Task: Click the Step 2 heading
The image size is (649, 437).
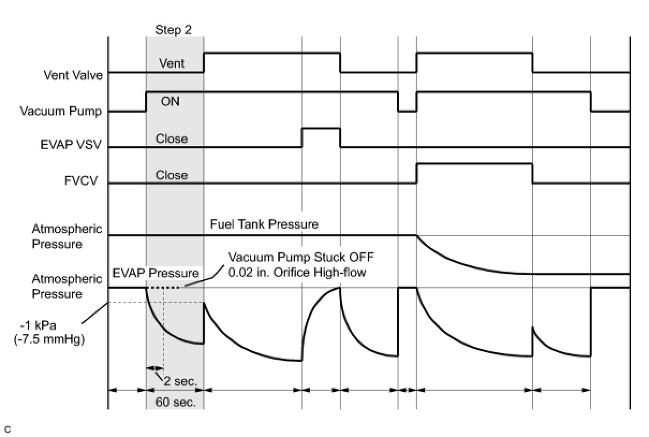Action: coord(173,30)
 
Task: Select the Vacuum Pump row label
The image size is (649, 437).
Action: coord(62,111)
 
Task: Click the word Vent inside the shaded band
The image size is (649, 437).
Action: coord(172,63)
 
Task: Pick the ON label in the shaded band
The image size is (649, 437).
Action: coord(170,101)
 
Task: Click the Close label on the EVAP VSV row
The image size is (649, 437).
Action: coord(172,139)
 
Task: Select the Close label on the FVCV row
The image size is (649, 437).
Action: coord(172,175)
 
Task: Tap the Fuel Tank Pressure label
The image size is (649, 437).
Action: coord(264,224)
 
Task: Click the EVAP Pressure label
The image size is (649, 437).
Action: coord(156,273)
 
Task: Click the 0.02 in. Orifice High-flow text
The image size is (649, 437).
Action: coord(297,272)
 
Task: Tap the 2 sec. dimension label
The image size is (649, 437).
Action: coord(181,381)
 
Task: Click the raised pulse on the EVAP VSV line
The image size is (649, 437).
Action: coord(321,129)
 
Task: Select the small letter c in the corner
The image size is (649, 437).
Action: coord(8,429)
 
